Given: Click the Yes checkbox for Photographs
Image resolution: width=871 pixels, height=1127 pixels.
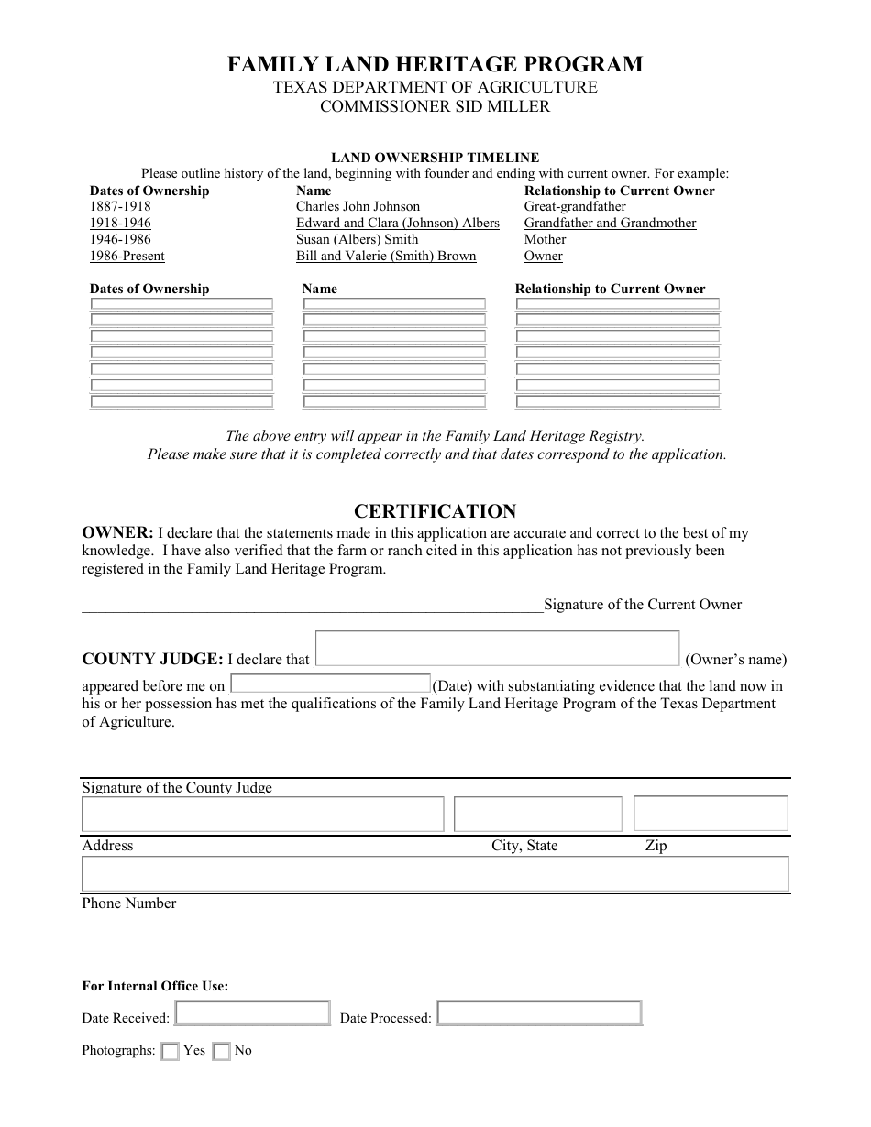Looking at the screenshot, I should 170,1052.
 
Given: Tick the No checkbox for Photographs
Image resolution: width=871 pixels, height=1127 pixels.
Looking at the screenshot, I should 221,1052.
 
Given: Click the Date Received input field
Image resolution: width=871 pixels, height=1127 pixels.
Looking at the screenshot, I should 252,1012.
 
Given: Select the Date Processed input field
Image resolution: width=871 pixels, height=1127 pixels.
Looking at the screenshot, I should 539,1012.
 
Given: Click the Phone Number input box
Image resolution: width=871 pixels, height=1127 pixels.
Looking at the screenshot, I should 435,874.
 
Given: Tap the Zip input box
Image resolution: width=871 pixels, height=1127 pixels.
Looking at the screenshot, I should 711,814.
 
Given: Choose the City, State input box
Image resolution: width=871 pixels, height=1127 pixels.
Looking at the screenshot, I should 538,814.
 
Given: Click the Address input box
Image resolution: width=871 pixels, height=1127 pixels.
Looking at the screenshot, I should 263,814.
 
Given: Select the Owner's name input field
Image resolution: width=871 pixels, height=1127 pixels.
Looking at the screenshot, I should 497,648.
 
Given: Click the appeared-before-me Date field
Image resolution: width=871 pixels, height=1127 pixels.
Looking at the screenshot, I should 330,684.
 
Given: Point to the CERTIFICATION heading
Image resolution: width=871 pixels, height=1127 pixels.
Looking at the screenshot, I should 435,511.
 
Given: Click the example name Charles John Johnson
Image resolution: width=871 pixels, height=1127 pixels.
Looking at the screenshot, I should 358,207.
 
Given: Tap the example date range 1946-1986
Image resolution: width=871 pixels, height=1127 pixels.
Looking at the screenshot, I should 120,240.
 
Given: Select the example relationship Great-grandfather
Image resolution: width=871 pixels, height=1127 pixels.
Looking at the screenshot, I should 575,207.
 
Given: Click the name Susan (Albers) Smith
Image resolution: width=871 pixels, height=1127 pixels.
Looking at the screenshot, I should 357,240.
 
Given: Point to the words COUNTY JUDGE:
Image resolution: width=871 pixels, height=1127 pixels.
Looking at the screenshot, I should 152,659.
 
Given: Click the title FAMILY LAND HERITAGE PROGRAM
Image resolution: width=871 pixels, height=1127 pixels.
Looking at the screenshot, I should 435,64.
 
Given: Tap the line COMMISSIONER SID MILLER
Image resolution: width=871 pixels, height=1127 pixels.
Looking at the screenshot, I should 435,106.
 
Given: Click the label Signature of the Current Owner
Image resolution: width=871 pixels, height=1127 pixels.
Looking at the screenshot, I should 643,605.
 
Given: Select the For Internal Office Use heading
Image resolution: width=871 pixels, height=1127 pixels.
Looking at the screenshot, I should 155,987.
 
